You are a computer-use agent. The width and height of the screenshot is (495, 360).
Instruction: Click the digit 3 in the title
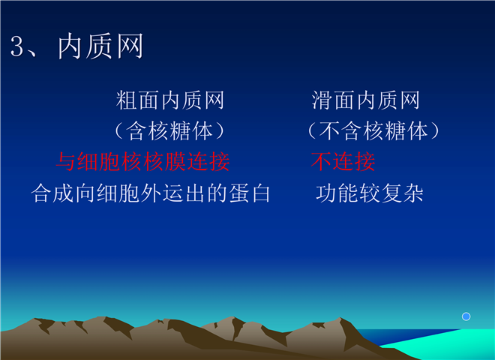coord(17,46)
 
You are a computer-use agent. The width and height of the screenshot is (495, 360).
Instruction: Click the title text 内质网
coord(100,46)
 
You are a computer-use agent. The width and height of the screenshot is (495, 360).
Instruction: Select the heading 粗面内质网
coord(170,100)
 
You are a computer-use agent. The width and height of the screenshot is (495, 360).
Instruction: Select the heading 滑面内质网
coord(365,100)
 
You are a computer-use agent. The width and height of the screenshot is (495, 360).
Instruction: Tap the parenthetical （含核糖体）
coord(169,130)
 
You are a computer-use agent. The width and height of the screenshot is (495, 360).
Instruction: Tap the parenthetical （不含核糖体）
coord(373,130)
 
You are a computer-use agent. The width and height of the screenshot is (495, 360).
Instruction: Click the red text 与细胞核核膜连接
coord(142,162)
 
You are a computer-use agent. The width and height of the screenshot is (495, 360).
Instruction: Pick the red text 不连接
coord(343,162)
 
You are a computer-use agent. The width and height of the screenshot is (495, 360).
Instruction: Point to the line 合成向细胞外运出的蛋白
coord(151,193)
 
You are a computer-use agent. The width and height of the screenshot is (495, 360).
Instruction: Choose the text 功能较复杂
coord(369,193)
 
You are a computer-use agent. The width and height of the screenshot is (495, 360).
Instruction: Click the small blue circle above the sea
coord(466,316)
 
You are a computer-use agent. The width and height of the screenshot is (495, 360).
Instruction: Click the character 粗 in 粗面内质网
coord(127,100)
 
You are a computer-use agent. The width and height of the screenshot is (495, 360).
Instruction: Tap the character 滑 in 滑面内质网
coord(322,100)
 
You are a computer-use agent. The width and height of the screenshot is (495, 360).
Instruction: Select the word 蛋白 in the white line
coord(250,193)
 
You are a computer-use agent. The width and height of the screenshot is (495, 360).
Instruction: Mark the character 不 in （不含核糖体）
coord(330,130)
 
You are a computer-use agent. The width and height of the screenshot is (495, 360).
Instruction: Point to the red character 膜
coord(175,162)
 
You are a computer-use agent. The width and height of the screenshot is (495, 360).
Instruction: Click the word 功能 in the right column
coord(337,193)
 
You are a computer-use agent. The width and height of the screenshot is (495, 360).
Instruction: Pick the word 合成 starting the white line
coord(52,193)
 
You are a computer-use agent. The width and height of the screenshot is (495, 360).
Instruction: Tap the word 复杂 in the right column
coord(402,193)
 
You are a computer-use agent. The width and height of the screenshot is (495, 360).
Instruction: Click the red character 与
coord(66,162)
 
